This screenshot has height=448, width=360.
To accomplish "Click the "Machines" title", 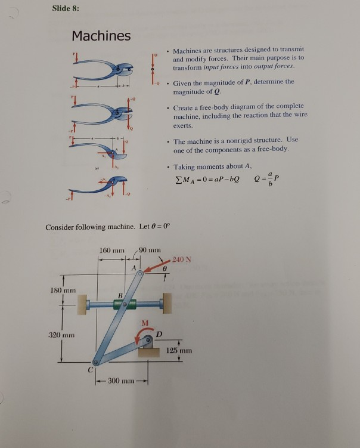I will click(x=101, y=36).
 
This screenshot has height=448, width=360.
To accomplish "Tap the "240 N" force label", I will click(x=181, y=259).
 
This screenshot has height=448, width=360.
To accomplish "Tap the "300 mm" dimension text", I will click(x=122, y=381).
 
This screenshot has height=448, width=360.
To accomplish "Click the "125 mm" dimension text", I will click(x=179, y=351).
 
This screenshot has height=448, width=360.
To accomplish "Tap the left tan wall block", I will click(x=78, y=304).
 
